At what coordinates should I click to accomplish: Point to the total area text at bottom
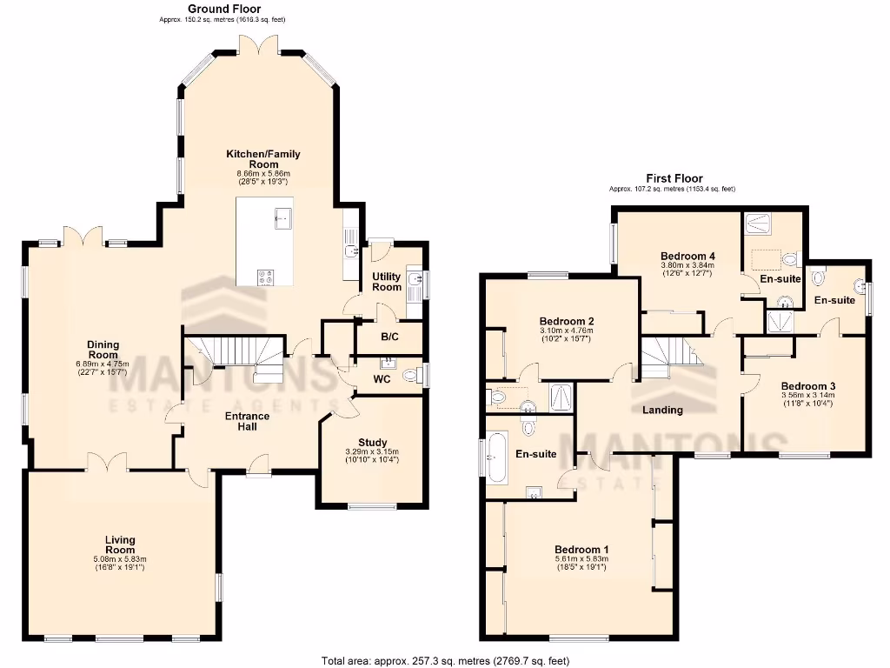[444, 660]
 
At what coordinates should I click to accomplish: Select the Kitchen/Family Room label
[263, 159]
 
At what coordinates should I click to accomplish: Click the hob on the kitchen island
[266, 277]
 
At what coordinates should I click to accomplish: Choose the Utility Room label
[387, 282]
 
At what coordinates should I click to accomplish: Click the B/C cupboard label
[389, 337]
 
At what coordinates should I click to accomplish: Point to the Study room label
[373, 443]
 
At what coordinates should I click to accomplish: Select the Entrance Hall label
[248, 422]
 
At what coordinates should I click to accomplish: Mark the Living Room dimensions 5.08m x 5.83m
[120, 559]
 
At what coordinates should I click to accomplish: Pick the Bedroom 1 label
[581, 550]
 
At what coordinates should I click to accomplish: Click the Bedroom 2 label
[566, 321]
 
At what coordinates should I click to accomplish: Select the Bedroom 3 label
[807, 386]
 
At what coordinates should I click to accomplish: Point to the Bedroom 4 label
[687, 256]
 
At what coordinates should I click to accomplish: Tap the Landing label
[662, 410]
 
